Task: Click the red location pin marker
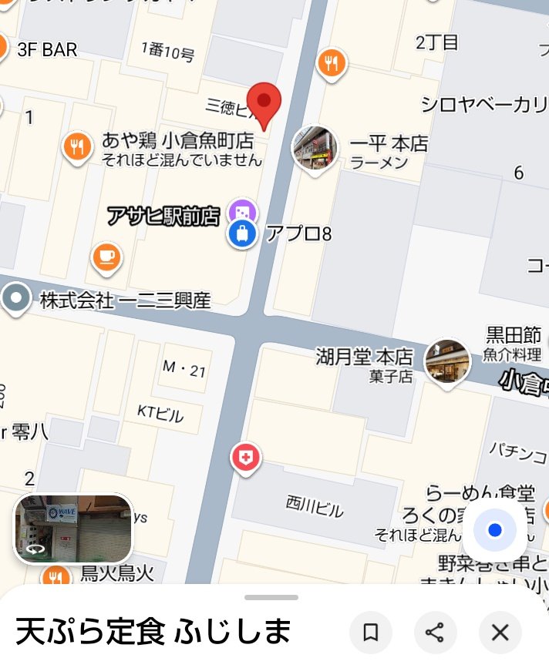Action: pos(264,104)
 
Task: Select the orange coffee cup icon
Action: pos(106,257)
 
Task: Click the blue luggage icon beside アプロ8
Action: pos(242,233)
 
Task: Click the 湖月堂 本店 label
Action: pos(364,357)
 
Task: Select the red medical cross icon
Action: pos(246,458)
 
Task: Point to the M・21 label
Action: pos(184,370)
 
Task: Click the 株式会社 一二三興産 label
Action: pos(125,300)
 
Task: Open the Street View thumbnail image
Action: pos(73,528)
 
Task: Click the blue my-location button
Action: pos(495,530)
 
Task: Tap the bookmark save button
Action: pos(371,633)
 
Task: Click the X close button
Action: pos(500,633)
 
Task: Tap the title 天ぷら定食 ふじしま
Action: pos(153,632)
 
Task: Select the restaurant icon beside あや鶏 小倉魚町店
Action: pos(76,146)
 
